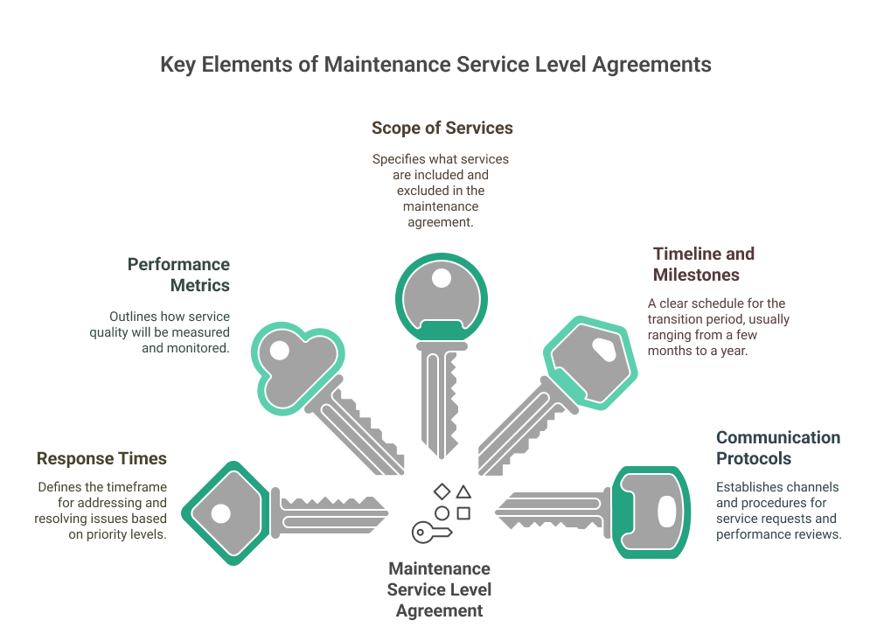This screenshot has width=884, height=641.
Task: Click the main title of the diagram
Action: (435, 66)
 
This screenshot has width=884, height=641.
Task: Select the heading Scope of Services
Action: (442, 128)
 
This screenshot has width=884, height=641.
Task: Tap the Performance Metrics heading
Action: (178, 275)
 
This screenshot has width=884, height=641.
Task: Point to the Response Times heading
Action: (101, 458)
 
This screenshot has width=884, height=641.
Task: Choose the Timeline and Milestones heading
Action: (704, 264)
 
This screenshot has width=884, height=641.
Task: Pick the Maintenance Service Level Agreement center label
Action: (439, 589)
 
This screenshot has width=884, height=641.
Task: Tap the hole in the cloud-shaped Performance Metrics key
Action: (279, 352)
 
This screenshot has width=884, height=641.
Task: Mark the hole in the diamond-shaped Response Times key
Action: (219, 513)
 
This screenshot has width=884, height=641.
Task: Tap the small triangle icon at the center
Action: (463, 493)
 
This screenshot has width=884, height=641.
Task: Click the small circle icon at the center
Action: (442, 513)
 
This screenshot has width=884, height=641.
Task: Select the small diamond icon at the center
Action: (442, 492)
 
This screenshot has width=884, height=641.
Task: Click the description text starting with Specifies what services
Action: (441, 191)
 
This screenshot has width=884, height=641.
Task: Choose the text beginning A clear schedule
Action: (717, 326)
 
